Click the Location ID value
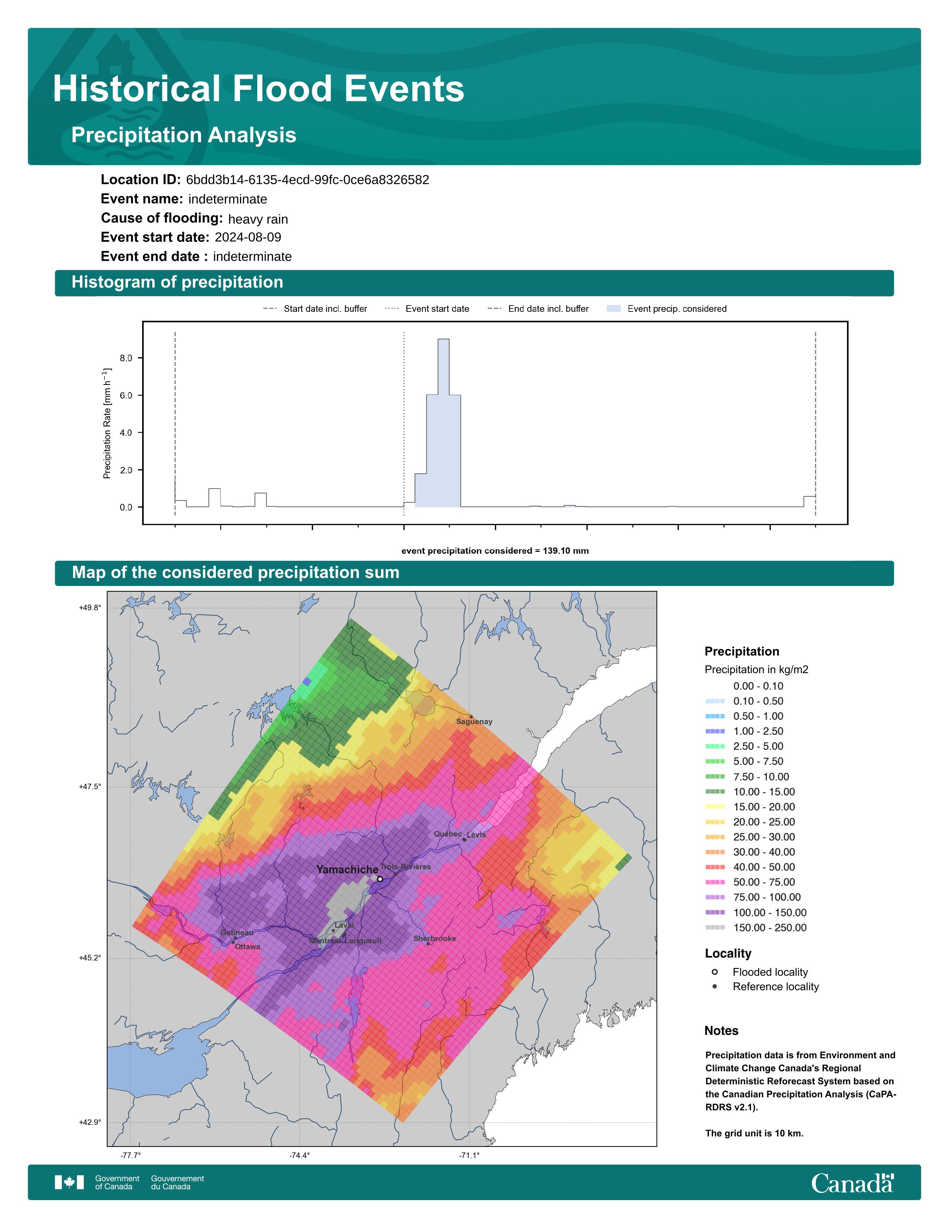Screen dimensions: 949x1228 pos(307,180)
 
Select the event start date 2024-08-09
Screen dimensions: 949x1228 pos(248,237)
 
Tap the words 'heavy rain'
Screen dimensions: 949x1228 pos(258,219)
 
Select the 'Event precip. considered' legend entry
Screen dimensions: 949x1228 pos(667,309)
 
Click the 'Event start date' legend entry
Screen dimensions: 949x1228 pos(427,309)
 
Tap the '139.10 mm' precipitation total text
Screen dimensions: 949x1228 pos(566,551)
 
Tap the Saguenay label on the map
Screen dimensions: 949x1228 pos(474,722)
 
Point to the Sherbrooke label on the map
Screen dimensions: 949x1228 pos(435,938)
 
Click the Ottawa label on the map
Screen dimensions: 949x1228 pos(247,947)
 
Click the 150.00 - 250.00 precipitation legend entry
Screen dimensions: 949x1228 pos(756,928)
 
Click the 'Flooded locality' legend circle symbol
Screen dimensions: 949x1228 pos(715,972)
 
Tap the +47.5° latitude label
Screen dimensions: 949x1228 pos(90,787)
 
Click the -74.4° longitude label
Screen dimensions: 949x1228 pos(300,1155)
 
